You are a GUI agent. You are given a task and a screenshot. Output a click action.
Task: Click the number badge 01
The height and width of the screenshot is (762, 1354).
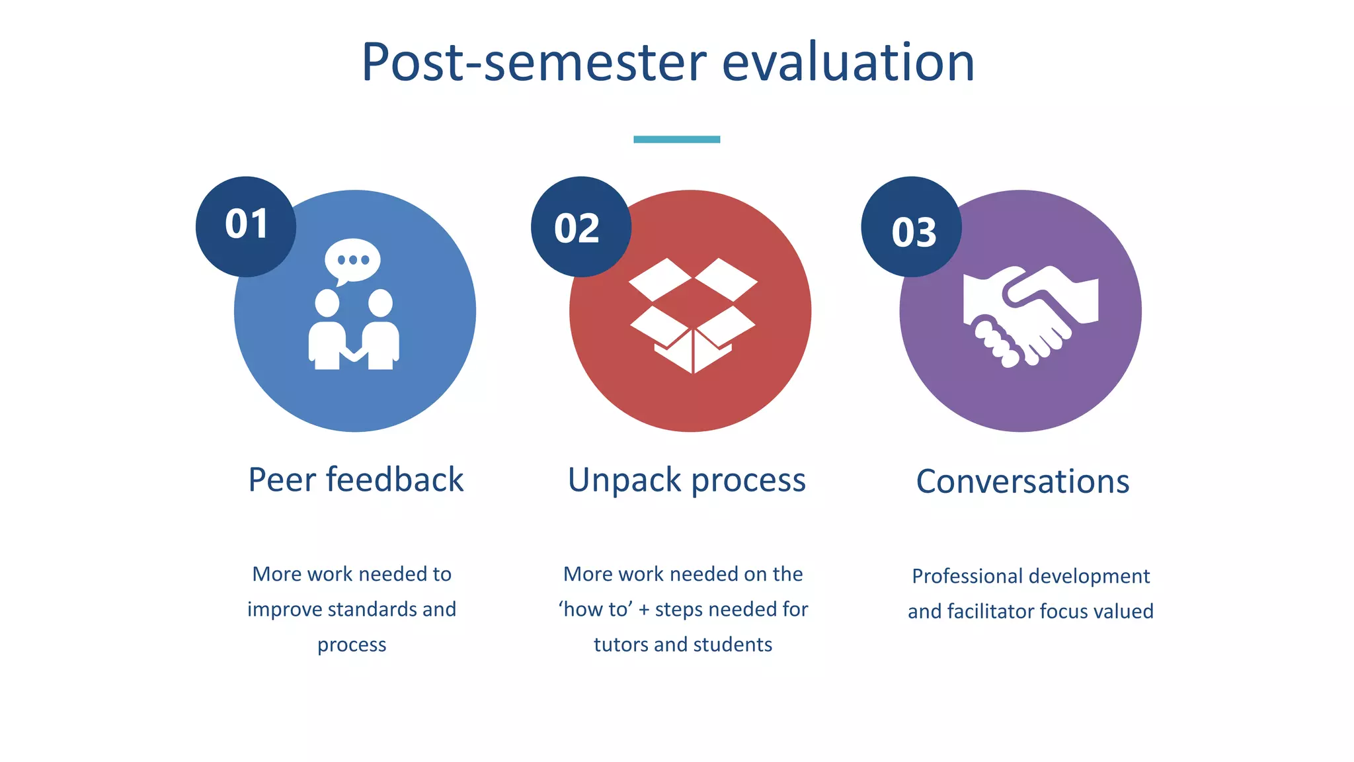246,226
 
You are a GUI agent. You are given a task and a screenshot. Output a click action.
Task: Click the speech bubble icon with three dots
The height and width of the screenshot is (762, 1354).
352,260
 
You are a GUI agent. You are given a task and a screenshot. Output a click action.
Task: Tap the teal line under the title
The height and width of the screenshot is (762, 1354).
676,140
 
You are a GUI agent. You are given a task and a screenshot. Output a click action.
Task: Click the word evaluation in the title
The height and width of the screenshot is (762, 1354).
848,62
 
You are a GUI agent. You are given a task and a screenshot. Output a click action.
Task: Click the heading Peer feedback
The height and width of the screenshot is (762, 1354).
356,480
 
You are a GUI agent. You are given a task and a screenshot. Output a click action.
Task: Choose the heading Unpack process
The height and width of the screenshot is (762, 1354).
686,480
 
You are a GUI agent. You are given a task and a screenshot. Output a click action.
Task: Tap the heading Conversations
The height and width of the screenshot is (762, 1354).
1022,482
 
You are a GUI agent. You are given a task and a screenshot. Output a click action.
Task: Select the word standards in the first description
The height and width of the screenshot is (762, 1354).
370,609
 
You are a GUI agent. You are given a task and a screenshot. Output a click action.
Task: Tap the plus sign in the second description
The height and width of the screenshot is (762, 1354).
643,610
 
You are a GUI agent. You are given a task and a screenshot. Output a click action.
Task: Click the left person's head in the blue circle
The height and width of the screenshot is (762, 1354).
327,304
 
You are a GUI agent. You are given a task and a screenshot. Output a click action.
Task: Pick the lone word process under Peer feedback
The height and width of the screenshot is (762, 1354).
352,645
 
